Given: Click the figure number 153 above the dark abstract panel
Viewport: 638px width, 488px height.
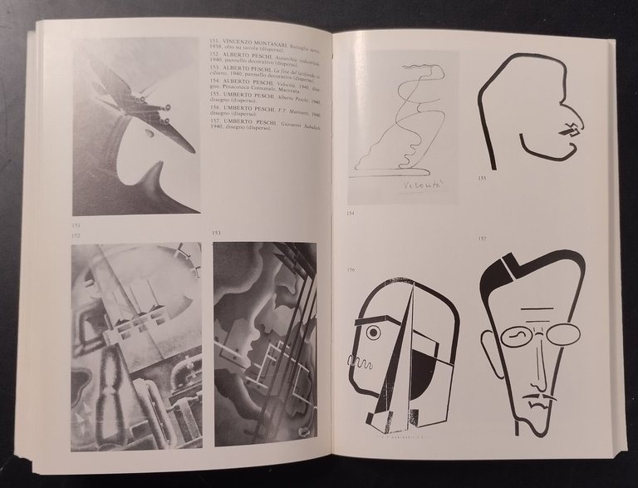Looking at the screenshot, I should point(218,234).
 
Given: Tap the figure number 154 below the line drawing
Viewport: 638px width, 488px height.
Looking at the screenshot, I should point(351,214).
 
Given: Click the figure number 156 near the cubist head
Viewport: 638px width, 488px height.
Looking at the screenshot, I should point(351,268).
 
